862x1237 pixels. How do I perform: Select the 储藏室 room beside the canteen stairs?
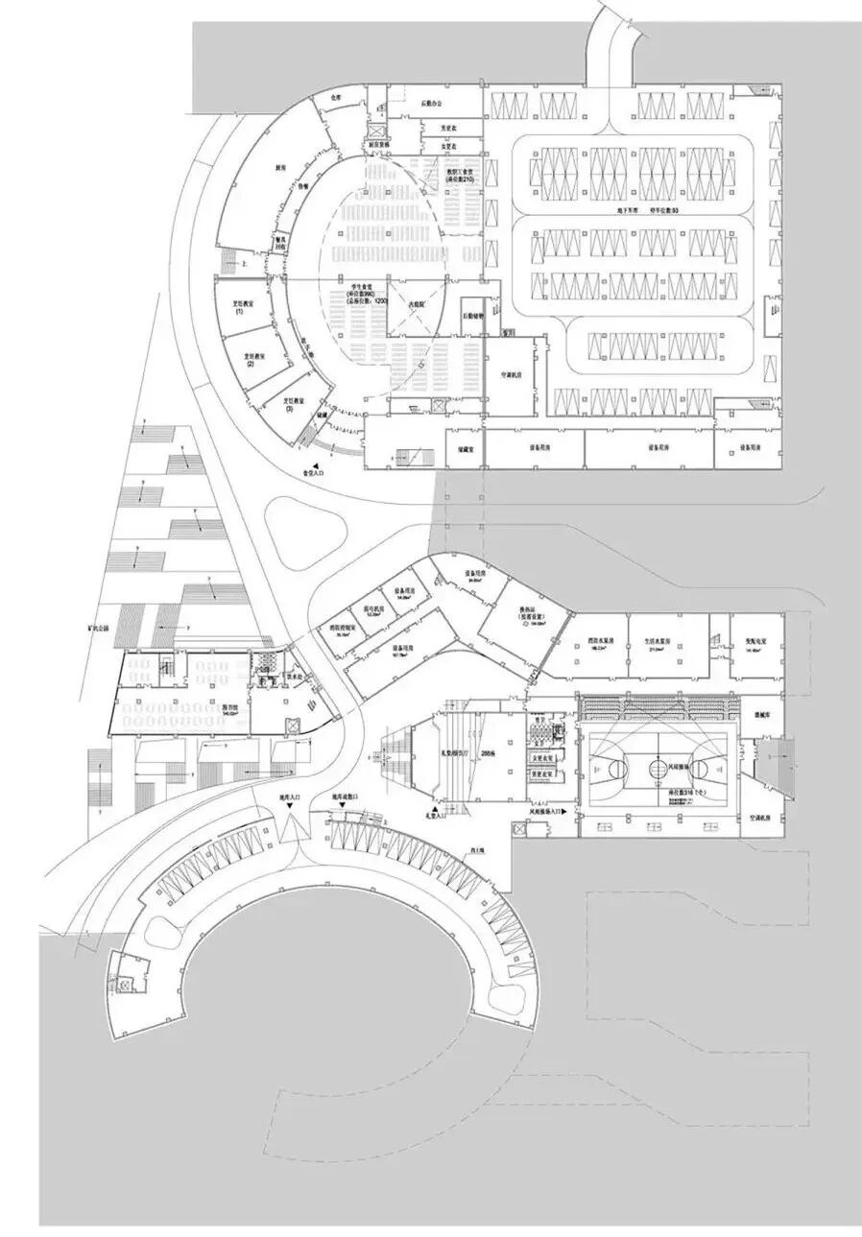coord(463,447)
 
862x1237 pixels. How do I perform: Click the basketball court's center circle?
coord(657,767)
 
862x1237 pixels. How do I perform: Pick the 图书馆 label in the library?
coord(232,709)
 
